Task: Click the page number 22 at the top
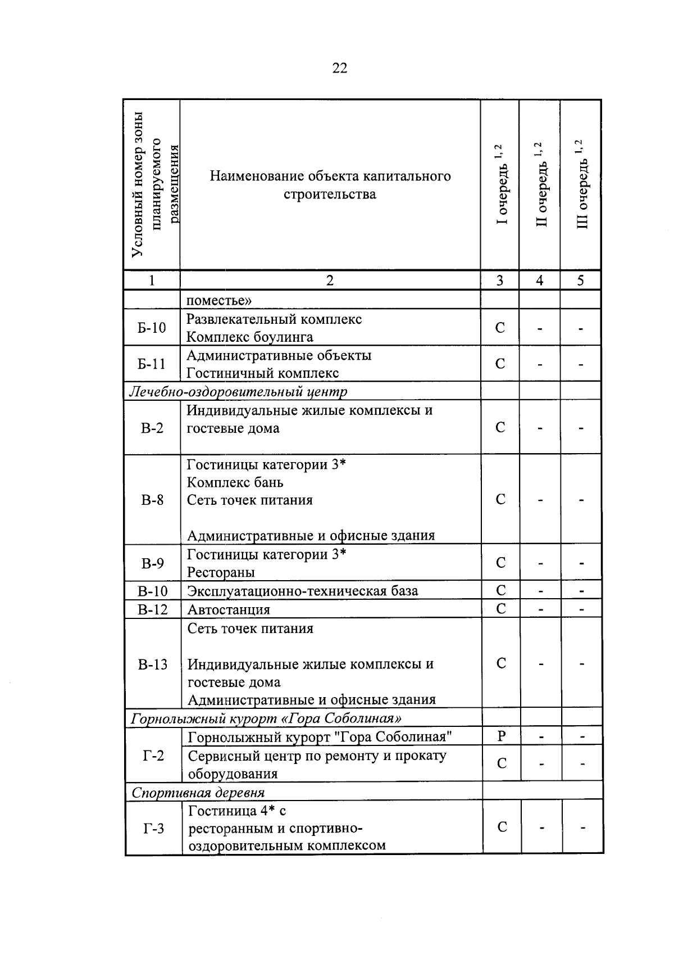340,69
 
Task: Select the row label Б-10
152,327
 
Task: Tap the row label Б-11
152,364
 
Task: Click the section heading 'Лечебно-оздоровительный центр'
239,391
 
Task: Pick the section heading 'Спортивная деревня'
198,793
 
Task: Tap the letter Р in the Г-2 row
502,736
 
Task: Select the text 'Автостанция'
229,609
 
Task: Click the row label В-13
153,664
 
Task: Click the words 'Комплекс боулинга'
250,337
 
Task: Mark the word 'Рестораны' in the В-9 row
221,572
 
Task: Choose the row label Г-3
153,828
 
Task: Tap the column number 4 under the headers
540,281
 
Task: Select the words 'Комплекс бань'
235,482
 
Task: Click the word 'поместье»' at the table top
219,300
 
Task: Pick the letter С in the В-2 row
500,427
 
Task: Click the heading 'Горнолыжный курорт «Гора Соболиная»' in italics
266,718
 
